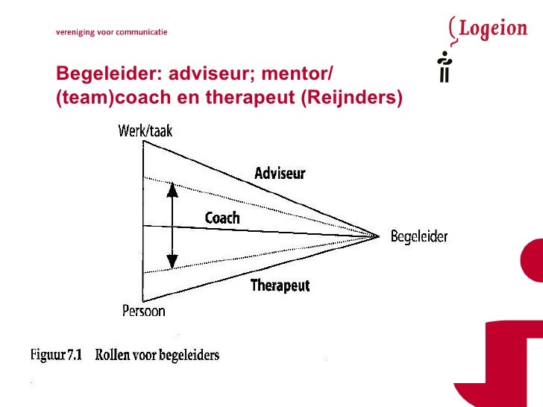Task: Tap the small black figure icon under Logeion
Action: tap(445, 66)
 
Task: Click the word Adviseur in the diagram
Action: tap(280, 174)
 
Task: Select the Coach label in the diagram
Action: tap(222, 218)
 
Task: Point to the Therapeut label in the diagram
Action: tap(280, 285)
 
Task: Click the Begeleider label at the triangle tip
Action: tap(419, 237)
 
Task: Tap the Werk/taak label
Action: tap(145, 132)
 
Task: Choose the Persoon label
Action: tap(144, 311)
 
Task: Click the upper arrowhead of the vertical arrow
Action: tap(172, 189)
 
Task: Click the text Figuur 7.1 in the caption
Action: tap(56, 355)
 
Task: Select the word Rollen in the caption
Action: tap(112, 355)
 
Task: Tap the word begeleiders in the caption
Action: tap(187, 355)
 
